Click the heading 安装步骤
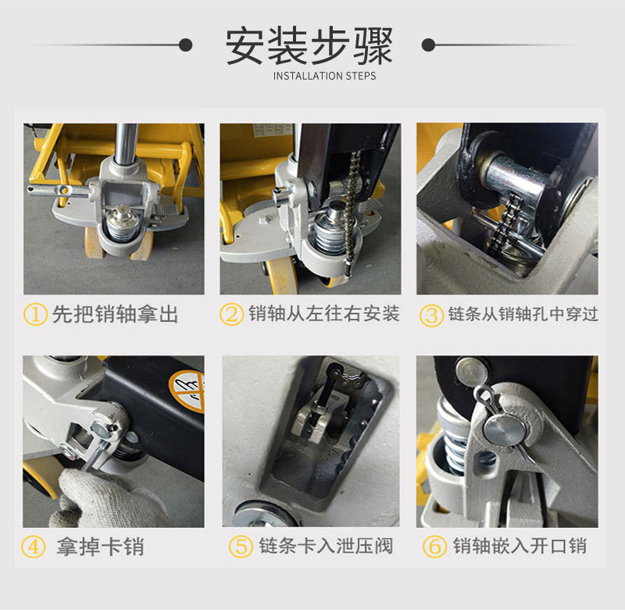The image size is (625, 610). [309, 46]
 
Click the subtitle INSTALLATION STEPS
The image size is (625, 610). [324, 76]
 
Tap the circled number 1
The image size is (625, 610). [35, 314]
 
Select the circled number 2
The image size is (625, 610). [231, 314]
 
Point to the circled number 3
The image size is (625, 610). [431, 316]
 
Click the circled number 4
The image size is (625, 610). [33, 547]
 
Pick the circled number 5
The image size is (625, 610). [241, 546]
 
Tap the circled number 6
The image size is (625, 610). [434, 546]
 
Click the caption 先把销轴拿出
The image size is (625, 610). [115, 314]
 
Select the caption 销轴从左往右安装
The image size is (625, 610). [323, 313]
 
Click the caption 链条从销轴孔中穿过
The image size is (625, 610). [523, 314]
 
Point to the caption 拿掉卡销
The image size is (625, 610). [100, 546]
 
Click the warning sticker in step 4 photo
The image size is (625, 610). [187, 391]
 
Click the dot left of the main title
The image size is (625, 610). [185, 45]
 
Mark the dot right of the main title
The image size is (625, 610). [428, 45]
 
